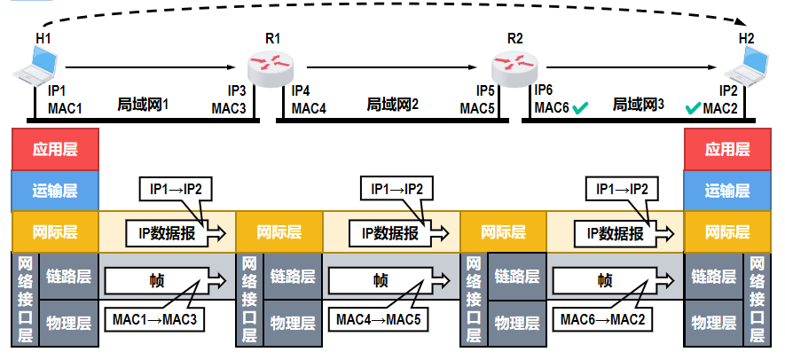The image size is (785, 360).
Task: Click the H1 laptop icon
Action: (x=38, y=66)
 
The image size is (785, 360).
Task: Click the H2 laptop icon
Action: (x=746, y=65)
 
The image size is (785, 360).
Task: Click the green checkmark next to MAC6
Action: (x=581, y=108)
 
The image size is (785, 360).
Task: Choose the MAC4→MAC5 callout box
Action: (x=379, y=317)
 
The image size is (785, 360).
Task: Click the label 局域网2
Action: (x=392, y=105)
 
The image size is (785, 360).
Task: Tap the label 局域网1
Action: (x=143, y=105)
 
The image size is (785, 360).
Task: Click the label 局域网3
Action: (x=638, y=105)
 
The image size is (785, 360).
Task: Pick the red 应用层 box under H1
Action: (x=54, y=149)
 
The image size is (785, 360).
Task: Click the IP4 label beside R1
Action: (x=301, y=90)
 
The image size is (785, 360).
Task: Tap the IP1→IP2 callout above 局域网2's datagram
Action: (x=396, y=189)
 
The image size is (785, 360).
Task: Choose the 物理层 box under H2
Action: (x=713, y=322)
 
